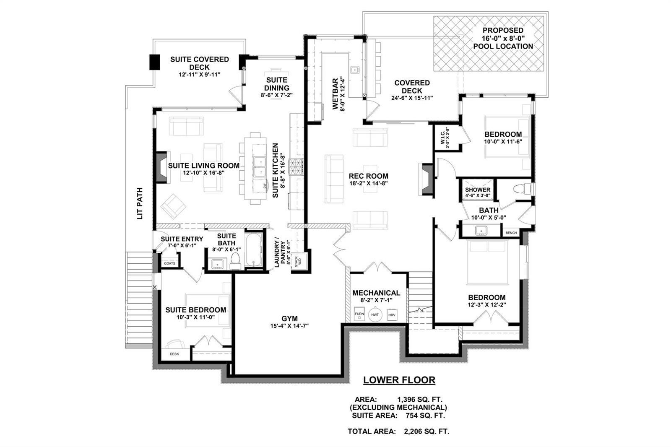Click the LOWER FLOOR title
point(399,380)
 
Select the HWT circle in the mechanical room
point(375,314)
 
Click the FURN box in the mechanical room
point(359,314)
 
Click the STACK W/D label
point(298,262)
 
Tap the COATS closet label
point(169,263)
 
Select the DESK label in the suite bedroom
point(174,354)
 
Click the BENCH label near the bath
point(511,233)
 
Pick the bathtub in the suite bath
point(253,249)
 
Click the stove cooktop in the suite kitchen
point(296,167)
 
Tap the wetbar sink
point(355,70)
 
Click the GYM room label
point(289,318)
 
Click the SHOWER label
point(478,190)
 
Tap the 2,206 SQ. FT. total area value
point(427,431)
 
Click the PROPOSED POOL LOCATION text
point(503,38)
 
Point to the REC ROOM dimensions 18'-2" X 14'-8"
point(369,183)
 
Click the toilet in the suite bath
point(235,261)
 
